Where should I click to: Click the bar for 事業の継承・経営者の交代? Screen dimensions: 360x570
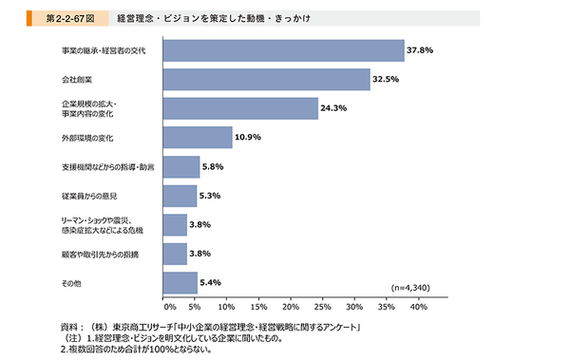pos(284,50)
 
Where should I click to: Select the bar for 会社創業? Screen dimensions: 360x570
pos(267,79)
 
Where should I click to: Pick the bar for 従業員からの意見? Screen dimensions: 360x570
pos(180,196)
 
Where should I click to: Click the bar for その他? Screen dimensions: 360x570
pos(180,282)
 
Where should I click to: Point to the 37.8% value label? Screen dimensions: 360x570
pos(421,50)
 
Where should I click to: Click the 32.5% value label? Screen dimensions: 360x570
pos(387,79)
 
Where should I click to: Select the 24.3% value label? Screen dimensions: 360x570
pos(334,108)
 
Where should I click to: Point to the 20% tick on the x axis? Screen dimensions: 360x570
pos(291,308)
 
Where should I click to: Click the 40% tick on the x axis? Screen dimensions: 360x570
pos(417,308)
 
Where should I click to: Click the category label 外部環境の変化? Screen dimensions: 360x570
pos(88,138)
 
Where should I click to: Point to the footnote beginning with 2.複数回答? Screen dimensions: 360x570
pos(133,349)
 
